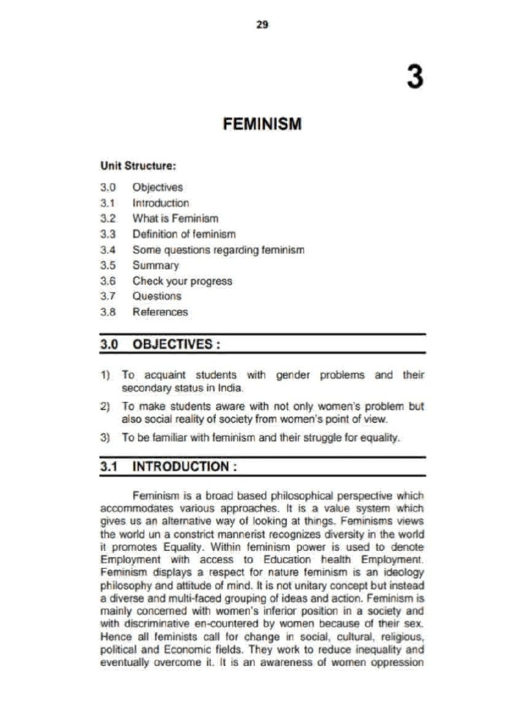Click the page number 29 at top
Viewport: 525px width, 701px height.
tap(262, 25)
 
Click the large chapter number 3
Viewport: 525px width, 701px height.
tap(414, 76)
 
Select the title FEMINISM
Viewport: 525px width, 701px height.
tap(262, 124)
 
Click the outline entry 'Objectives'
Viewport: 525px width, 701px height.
tap(158, 187)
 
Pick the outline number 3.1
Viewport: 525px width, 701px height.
tap(109, 203)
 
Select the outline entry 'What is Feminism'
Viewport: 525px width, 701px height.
tap(176, 218)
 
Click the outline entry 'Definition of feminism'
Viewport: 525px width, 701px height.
tap(184, 234)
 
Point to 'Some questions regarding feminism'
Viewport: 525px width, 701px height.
tap(218, 250)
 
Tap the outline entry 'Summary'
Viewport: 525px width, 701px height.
tap(156, 265)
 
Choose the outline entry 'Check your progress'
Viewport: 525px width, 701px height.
tap(182, 281)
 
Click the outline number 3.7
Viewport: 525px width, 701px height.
tap(109, 296)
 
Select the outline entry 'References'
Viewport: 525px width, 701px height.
tap(160, 312)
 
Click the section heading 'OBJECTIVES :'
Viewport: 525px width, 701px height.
tap(176, 344)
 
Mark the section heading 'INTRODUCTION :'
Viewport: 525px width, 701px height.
tap(185, 468)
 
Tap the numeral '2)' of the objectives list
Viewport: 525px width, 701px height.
tap(105, 406)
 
